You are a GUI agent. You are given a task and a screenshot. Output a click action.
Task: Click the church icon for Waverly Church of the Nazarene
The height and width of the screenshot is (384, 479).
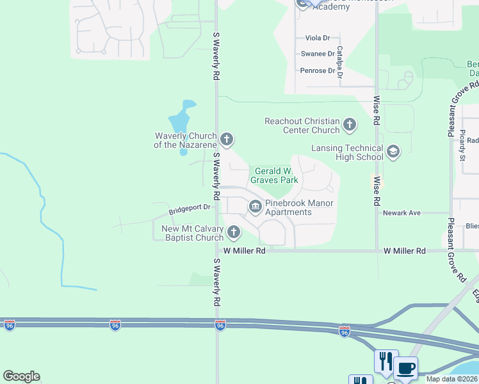226,139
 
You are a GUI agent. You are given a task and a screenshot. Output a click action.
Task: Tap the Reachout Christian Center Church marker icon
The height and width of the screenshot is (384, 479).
349,125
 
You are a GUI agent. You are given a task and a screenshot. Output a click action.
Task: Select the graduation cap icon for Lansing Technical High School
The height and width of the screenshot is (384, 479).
393,152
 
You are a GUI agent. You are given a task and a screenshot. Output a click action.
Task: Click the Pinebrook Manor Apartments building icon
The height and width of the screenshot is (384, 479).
255,206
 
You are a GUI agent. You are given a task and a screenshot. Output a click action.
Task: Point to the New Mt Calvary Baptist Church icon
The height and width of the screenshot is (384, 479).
234,232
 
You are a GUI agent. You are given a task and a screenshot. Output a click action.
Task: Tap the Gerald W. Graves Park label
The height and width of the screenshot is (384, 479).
277,175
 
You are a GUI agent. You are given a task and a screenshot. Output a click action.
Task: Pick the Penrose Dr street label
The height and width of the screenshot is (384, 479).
318,70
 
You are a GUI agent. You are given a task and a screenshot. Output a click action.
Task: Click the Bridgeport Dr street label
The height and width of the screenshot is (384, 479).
190,208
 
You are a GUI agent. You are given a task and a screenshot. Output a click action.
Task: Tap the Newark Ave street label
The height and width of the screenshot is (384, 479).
402,212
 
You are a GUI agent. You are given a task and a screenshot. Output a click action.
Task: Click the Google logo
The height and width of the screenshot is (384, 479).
21,376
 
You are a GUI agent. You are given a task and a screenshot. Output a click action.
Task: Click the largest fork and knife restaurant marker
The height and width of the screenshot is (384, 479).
386,361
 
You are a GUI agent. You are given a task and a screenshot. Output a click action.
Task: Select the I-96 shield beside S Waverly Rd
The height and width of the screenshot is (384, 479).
220,325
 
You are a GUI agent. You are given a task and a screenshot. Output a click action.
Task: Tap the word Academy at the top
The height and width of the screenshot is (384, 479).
331,7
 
